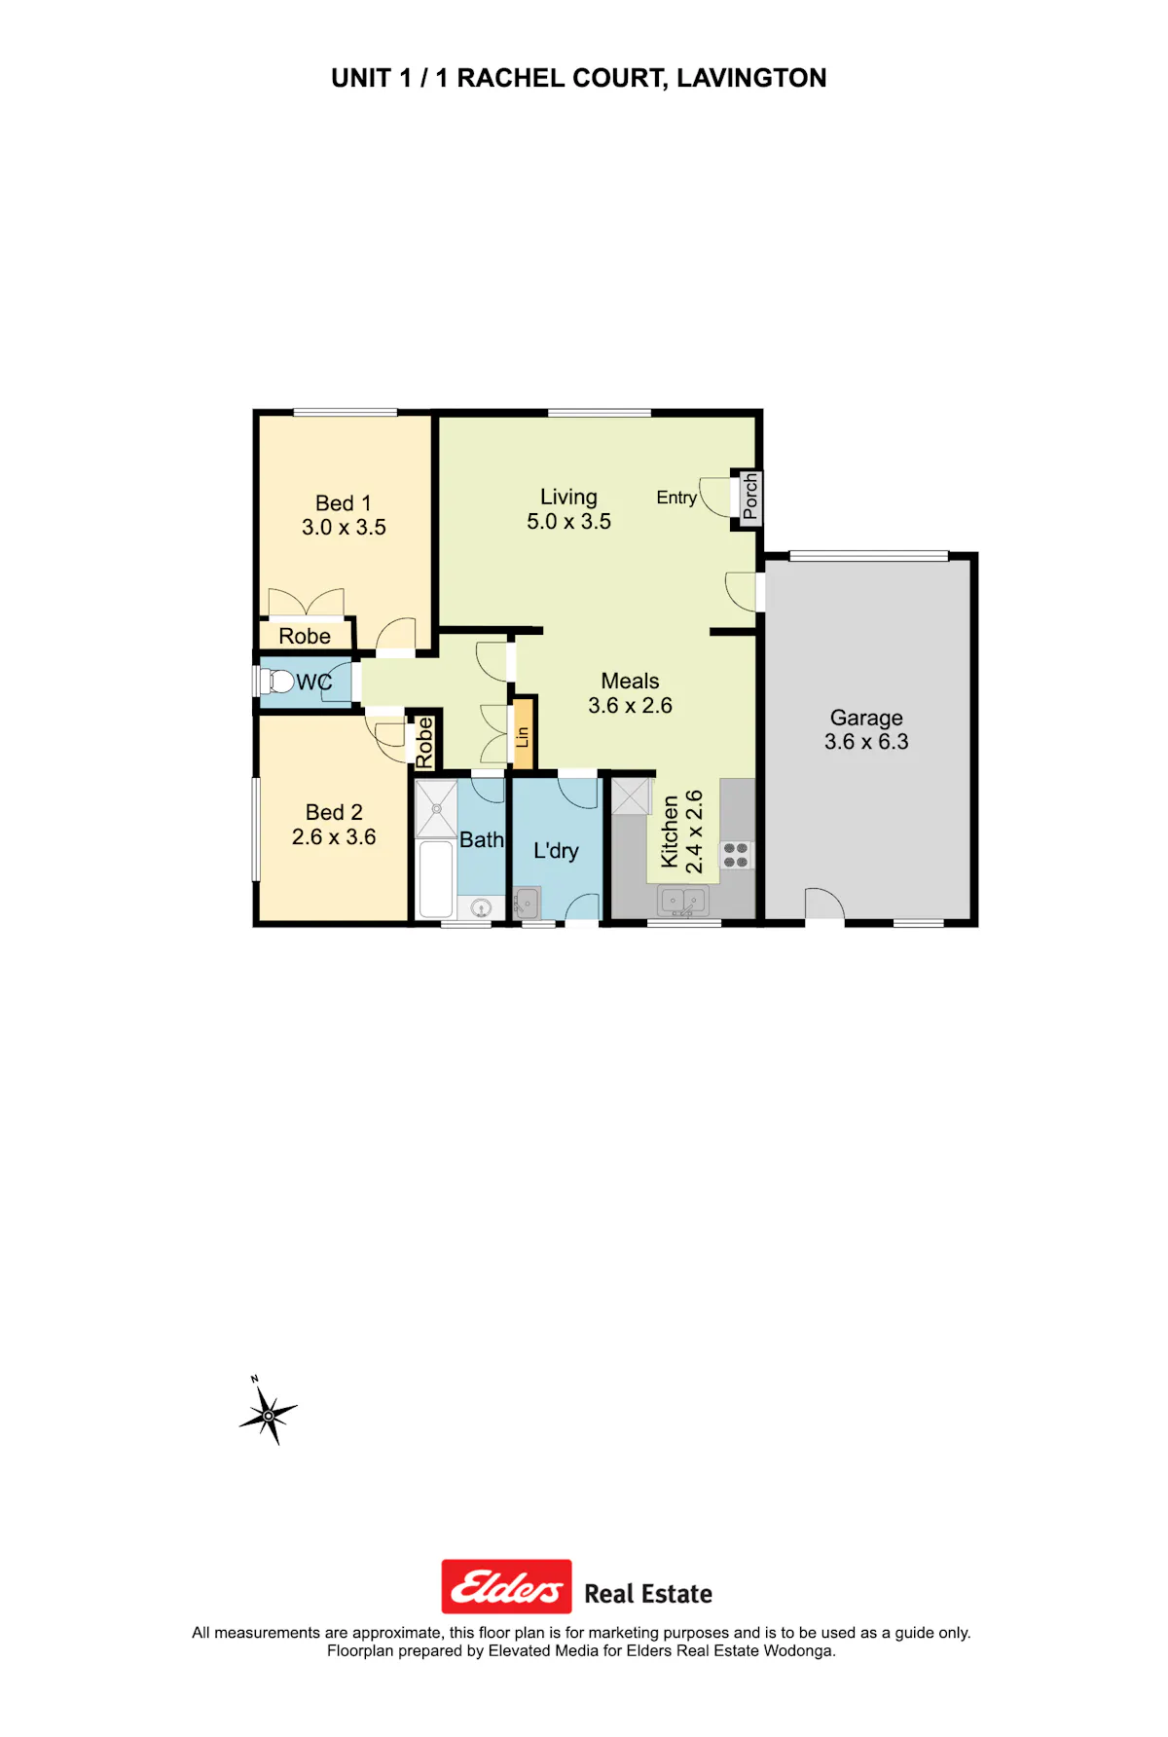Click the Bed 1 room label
[x=344, y=503]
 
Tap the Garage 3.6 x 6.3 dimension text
[x=866, y=742]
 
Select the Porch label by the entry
[x=749, y=497]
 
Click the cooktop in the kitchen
[x=736, y=855]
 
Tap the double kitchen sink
[x=684, y=903]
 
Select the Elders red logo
[x=506, y=1587]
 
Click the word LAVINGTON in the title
[x=751, y=78]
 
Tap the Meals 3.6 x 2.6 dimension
[x=631, y=706]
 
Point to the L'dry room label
[x=556, y=851]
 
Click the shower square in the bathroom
[x=436, y=808]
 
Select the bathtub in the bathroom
[x=435, y=878]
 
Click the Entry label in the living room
[x=676, y=498]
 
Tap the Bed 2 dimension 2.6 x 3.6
[x=334, y=837]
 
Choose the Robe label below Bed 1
[x=305, y=637]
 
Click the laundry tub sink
[x=527, y=904]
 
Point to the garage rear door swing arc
[x=825, y=902]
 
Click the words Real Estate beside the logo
[x=648, y=1594]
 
